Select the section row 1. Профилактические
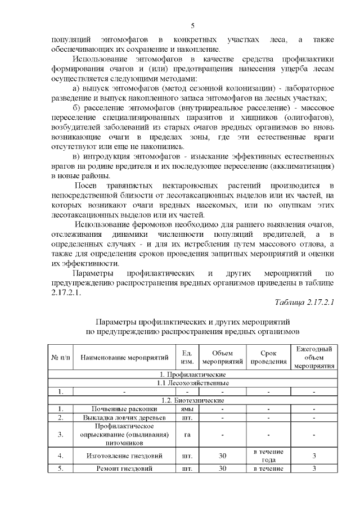click(x=193, y=374)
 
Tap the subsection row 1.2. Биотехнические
click(x=193, y=400)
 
